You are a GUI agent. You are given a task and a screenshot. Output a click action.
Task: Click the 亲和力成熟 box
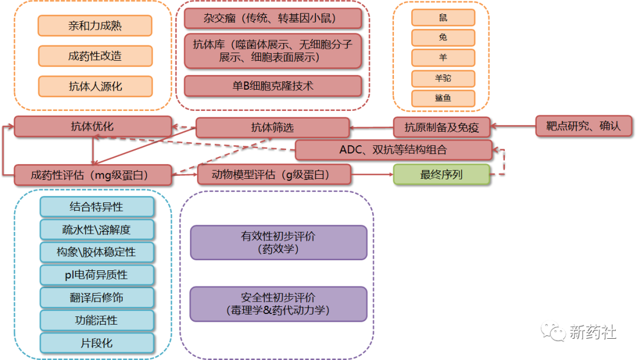[95, 25]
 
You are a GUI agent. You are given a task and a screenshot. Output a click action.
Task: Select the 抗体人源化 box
[95, 86]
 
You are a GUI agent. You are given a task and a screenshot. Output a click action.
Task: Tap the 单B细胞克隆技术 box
[272, 86]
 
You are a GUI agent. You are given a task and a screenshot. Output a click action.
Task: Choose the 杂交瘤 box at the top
[272, 18]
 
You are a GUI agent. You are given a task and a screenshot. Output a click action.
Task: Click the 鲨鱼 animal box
[443, 98]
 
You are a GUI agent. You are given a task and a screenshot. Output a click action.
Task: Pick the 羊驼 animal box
[443, 78]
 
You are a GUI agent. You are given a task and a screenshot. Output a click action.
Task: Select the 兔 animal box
[443, 38]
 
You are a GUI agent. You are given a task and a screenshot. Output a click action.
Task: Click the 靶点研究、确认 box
[583, 126]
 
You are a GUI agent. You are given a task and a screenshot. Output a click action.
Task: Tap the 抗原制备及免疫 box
[442, 127]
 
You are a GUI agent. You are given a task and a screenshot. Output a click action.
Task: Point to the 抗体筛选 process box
[272, 127]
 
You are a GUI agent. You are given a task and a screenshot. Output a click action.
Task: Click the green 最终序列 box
[441, 175]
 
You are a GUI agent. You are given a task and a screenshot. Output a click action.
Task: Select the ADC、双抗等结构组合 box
[393, 150]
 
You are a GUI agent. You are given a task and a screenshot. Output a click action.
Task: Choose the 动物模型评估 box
[274, 175]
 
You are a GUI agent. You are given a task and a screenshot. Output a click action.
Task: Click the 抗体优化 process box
[93, 127]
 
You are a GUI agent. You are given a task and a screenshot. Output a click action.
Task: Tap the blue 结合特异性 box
[97, 207]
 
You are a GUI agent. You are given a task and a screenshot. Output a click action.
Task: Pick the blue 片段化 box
[97, 343]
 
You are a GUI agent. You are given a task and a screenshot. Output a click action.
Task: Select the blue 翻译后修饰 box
[97, 297]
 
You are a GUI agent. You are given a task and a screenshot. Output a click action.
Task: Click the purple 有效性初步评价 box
[278, 243]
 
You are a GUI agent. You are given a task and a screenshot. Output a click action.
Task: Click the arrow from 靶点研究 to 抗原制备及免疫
[514, 126]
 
